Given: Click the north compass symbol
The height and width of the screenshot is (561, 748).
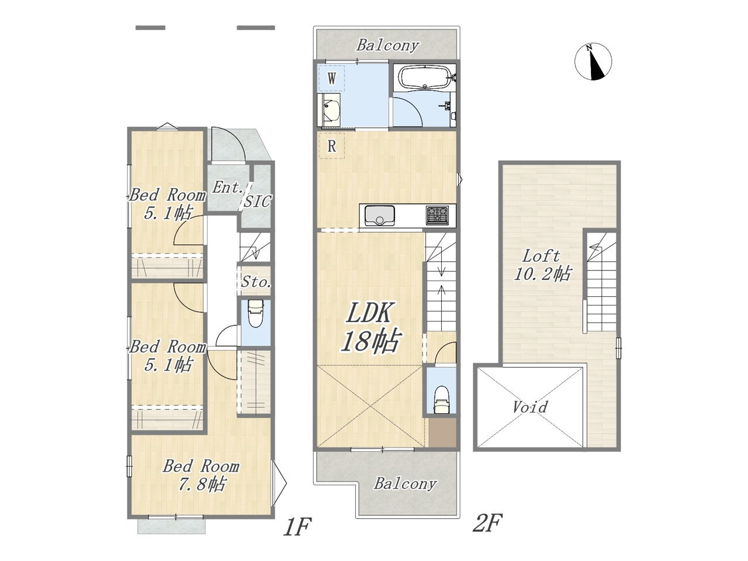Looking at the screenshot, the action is click(593, 62).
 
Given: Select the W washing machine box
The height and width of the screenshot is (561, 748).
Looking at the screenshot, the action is click(331, 78).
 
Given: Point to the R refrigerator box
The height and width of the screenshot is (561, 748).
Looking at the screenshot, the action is click(331, 146).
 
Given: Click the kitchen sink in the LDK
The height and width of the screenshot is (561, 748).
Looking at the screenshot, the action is click(380, 215).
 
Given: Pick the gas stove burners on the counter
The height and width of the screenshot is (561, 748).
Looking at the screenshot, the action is click(438, 215).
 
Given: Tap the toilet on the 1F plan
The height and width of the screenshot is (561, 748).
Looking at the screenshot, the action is click(255, 313).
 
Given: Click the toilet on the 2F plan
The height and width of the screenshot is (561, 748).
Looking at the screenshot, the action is click(441, 400).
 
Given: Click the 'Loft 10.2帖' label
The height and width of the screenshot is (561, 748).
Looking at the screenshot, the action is click(542, 265).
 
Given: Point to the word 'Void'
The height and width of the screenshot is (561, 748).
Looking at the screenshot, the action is click(530, 407).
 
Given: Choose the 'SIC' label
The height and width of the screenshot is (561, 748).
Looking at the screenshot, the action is click(258, 201).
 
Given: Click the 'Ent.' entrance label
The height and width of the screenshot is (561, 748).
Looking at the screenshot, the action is click(228, 187).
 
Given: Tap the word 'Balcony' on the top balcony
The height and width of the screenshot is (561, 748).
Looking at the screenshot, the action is click(387, 46).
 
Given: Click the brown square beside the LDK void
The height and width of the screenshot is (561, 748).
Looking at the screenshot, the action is click(442, 432).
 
